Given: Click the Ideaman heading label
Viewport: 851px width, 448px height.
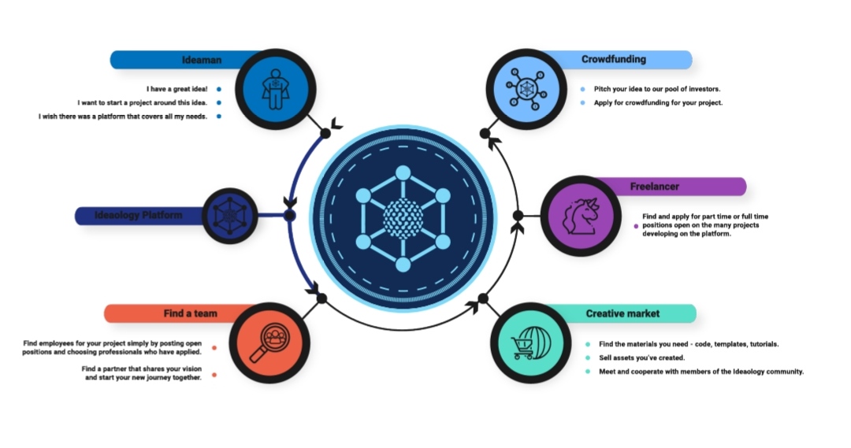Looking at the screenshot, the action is [202, 60].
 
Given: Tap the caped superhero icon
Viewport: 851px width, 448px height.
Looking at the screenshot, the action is [276, 89].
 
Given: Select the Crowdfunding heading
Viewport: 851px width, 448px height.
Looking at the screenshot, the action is [613, 59].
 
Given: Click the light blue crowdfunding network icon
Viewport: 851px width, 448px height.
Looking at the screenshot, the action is [526, 89].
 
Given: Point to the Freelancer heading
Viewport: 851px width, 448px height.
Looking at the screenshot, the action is [655, 187].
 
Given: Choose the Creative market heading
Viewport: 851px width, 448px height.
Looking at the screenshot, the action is [622, 313].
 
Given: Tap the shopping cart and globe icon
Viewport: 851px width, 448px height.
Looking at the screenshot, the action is [531, 342].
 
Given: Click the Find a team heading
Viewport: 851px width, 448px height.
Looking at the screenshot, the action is [191, 313].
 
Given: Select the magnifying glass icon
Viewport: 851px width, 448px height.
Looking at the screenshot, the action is [269, 342].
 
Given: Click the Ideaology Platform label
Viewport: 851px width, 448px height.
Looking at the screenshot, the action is [139, 215].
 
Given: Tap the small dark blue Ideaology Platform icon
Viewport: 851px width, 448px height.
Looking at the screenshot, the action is [229, 216].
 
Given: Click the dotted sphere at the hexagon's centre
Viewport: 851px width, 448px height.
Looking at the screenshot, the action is [403, 218].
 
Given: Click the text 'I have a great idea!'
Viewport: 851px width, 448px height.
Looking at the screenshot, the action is [177, 89].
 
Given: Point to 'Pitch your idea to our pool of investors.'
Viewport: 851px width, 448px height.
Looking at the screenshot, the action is [657, 89].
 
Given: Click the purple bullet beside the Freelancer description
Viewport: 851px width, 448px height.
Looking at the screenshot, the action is [636, 226].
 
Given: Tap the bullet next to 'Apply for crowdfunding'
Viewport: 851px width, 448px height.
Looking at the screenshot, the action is [583, 102].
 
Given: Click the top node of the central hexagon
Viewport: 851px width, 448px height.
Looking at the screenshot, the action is [403, 173].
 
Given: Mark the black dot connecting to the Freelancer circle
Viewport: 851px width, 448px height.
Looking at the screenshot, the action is [518, 216].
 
